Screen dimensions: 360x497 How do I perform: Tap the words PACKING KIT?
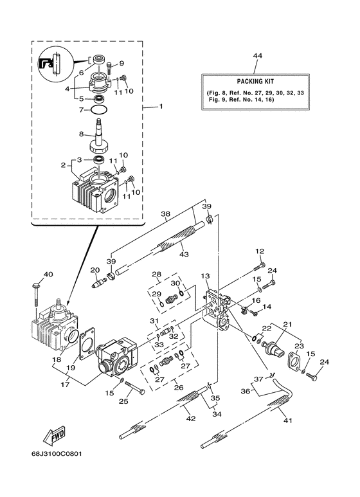coord(255,82)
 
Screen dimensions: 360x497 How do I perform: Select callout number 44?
coord(257,56)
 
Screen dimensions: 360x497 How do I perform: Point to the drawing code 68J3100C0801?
coord(57,454)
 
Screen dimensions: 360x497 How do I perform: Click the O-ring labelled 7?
coord(99,110)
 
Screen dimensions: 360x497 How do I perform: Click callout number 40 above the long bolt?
coord(48,274)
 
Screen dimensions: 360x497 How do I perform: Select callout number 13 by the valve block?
coord(205,276)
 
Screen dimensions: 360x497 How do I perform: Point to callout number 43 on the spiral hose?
coord(184,254)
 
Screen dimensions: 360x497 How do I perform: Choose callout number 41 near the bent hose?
coord(287,420)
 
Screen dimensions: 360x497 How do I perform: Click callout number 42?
coord(191,419)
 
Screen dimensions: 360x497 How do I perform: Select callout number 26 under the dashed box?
coord(179,387)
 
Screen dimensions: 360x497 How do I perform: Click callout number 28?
coord(157,274)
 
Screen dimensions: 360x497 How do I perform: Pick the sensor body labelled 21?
coord(273,346)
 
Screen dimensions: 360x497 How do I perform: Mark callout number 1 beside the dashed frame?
coord(161,107)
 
